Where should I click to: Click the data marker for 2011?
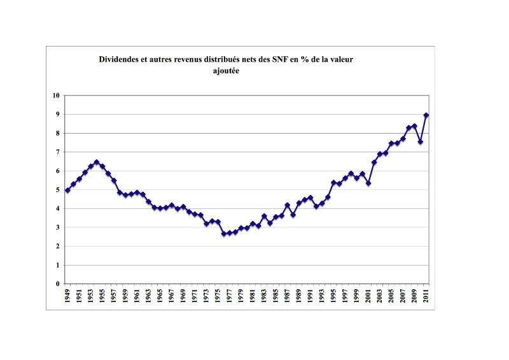click(x=426, y=115)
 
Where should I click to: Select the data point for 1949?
click(x=67, y=191)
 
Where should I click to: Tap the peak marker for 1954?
click(x=96, y=162)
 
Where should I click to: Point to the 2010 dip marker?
click(x=421, y=141)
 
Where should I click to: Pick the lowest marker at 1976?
click(x=224, y=234)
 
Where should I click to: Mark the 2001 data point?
click(x=368, y=184)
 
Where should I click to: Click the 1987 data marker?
click(x=288, y=205)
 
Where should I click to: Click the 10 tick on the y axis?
click(x=56, y=96)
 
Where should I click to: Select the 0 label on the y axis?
click(x=57, y=284)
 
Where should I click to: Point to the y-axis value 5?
click(x=57, y=190)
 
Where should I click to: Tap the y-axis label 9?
click(x=57, y=115)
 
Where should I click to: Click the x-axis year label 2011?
click(x=426, y=298)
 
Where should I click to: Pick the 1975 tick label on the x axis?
click(x=218, y=298)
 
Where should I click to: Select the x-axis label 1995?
click(x=333, y=298)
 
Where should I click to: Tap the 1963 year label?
click(x=148, y=298)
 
